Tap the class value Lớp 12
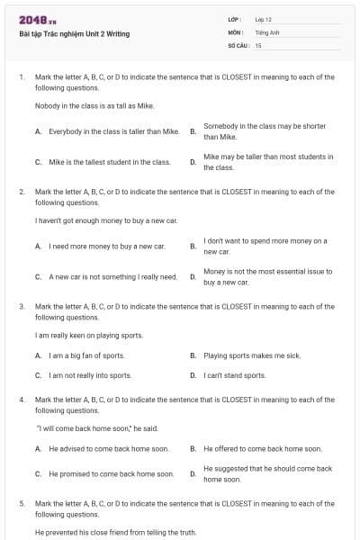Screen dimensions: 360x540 coord(263,19)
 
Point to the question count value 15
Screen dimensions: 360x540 coord(258,44)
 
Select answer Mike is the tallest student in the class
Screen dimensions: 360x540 coord(109,162)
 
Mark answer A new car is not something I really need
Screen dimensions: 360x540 coord(112,276)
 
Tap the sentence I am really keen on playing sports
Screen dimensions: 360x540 coord(89,335)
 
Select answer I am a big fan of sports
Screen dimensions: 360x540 coord(86,355)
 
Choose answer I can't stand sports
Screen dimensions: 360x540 coord(235,375)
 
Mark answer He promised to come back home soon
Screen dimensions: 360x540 coord(111,473)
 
